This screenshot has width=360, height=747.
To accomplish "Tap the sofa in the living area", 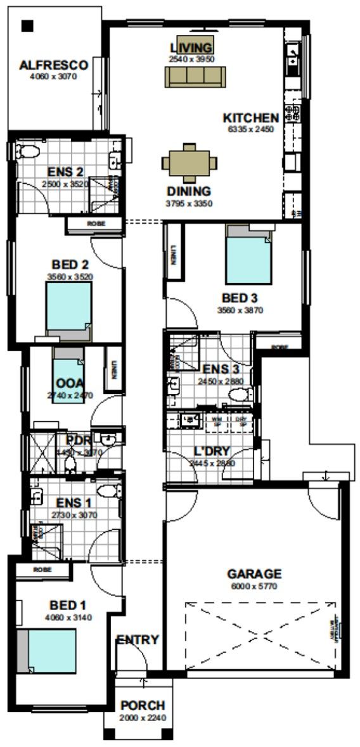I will (x=195, y=77).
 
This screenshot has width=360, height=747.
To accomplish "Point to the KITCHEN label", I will (x=250, y=118).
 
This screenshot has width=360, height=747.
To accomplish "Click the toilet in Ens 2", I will (x=27, y=151).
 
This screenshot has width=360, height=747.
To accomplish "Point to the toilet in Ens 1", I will (x=110, y=490).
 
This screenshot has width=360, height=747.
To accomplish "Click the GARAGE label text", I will (x=254, y=575).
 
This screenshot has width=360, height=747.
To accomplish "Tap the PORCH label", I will (x=143, y=705).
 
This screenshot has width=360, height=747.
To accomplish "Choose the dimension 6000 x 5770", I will (x=254, y=586).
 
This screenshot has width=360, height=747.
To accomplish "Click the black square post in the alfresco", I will (x=27, y=25).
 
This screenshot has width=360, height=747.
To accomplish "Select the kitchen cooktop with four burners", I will (x=292, y=113).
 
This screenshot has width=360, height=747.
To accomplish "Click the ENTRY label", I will (x=138, y=640).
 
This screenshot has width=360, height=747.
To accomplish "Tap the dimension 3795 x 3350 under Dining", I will (x=189, y=203).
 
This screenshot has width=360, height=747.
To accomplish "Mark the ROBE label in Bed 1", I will (x=42, y=570).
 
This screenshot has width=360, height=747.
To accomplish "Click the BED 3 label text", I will (x=239, y=298).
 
